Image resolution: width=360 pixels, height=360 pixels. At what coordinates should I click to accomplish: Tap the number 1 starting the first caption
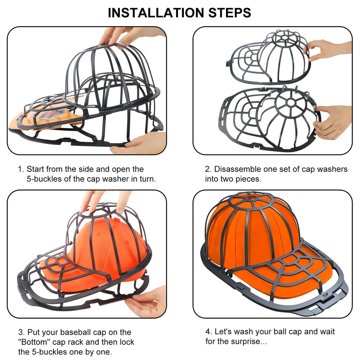pos(20,169)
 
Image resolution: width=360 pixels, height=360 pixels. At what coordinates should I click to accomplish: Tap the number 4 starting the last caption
pos(208,332)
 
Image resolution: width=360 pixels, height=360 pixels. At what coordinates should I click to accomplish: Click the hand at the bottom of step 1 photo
pos(141,144)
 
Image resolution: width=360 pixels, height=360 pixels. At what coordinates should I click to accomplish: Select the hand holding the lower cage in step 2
pos(332,121)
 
